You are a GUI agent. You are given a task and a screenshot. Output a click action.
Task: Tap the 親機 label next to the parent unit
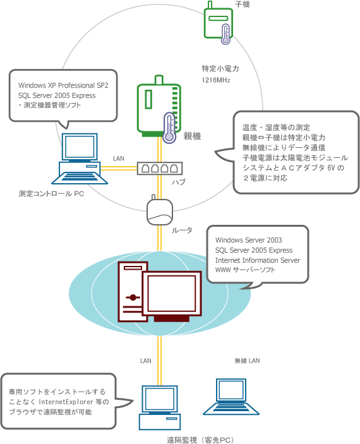click(x=193, y=136)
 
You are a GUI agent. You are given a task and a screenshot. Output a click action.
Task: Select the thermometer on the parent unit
click(x=169, y=128)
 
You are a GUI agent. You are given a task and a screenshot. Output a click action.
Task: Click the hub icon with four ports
click(x=160, y=169)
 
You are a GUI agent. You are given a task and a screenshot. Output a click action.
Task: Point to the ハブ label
click(x=179, y=182)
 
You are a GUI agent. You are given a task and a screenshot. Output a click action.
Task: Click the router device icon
click(x=160, y=210)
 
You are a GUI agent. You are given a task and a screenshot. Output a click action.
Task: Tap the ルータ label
click(x=182, y=231)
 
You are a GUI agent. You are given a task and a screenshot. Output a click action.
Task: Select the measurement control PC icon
click(x=80, y=159)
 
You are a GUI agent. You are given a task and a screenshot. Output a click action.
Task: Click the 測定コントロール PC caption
click(x=51, y=194)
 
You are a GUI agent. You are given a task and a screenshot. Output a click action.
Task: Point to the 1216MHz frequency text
click(x=216, y=80)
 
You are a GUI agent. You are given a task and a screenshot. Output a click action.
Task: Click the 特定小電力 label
click(x=220, y=68)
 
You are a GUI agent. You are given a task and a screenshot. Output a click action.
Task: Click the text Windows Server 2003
click(x=249, y=240)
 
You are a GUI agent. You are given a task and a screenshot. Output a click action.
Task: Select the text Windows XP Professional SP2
click(x=63, y=85)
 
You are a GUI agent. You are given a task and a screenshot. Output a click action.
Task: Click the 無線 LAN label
click(x=247, y=361)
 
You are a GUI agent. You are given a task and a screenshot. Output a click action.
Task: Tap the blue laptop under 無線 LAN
click(x=231, y=397)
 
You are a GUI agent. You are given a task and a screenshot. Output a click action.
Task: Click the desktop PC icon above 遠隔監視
click(x=160, y=407)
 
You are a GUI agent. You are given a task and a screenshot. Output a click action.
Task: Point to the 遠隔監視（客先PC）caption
click(x=201, y=440)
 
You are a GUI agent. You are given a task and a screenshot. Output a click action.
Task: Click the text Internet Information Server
click(x=258, y=260)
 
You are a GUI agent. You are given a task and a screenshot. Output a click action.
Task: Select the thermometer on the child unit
click(x=225, y=34)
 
